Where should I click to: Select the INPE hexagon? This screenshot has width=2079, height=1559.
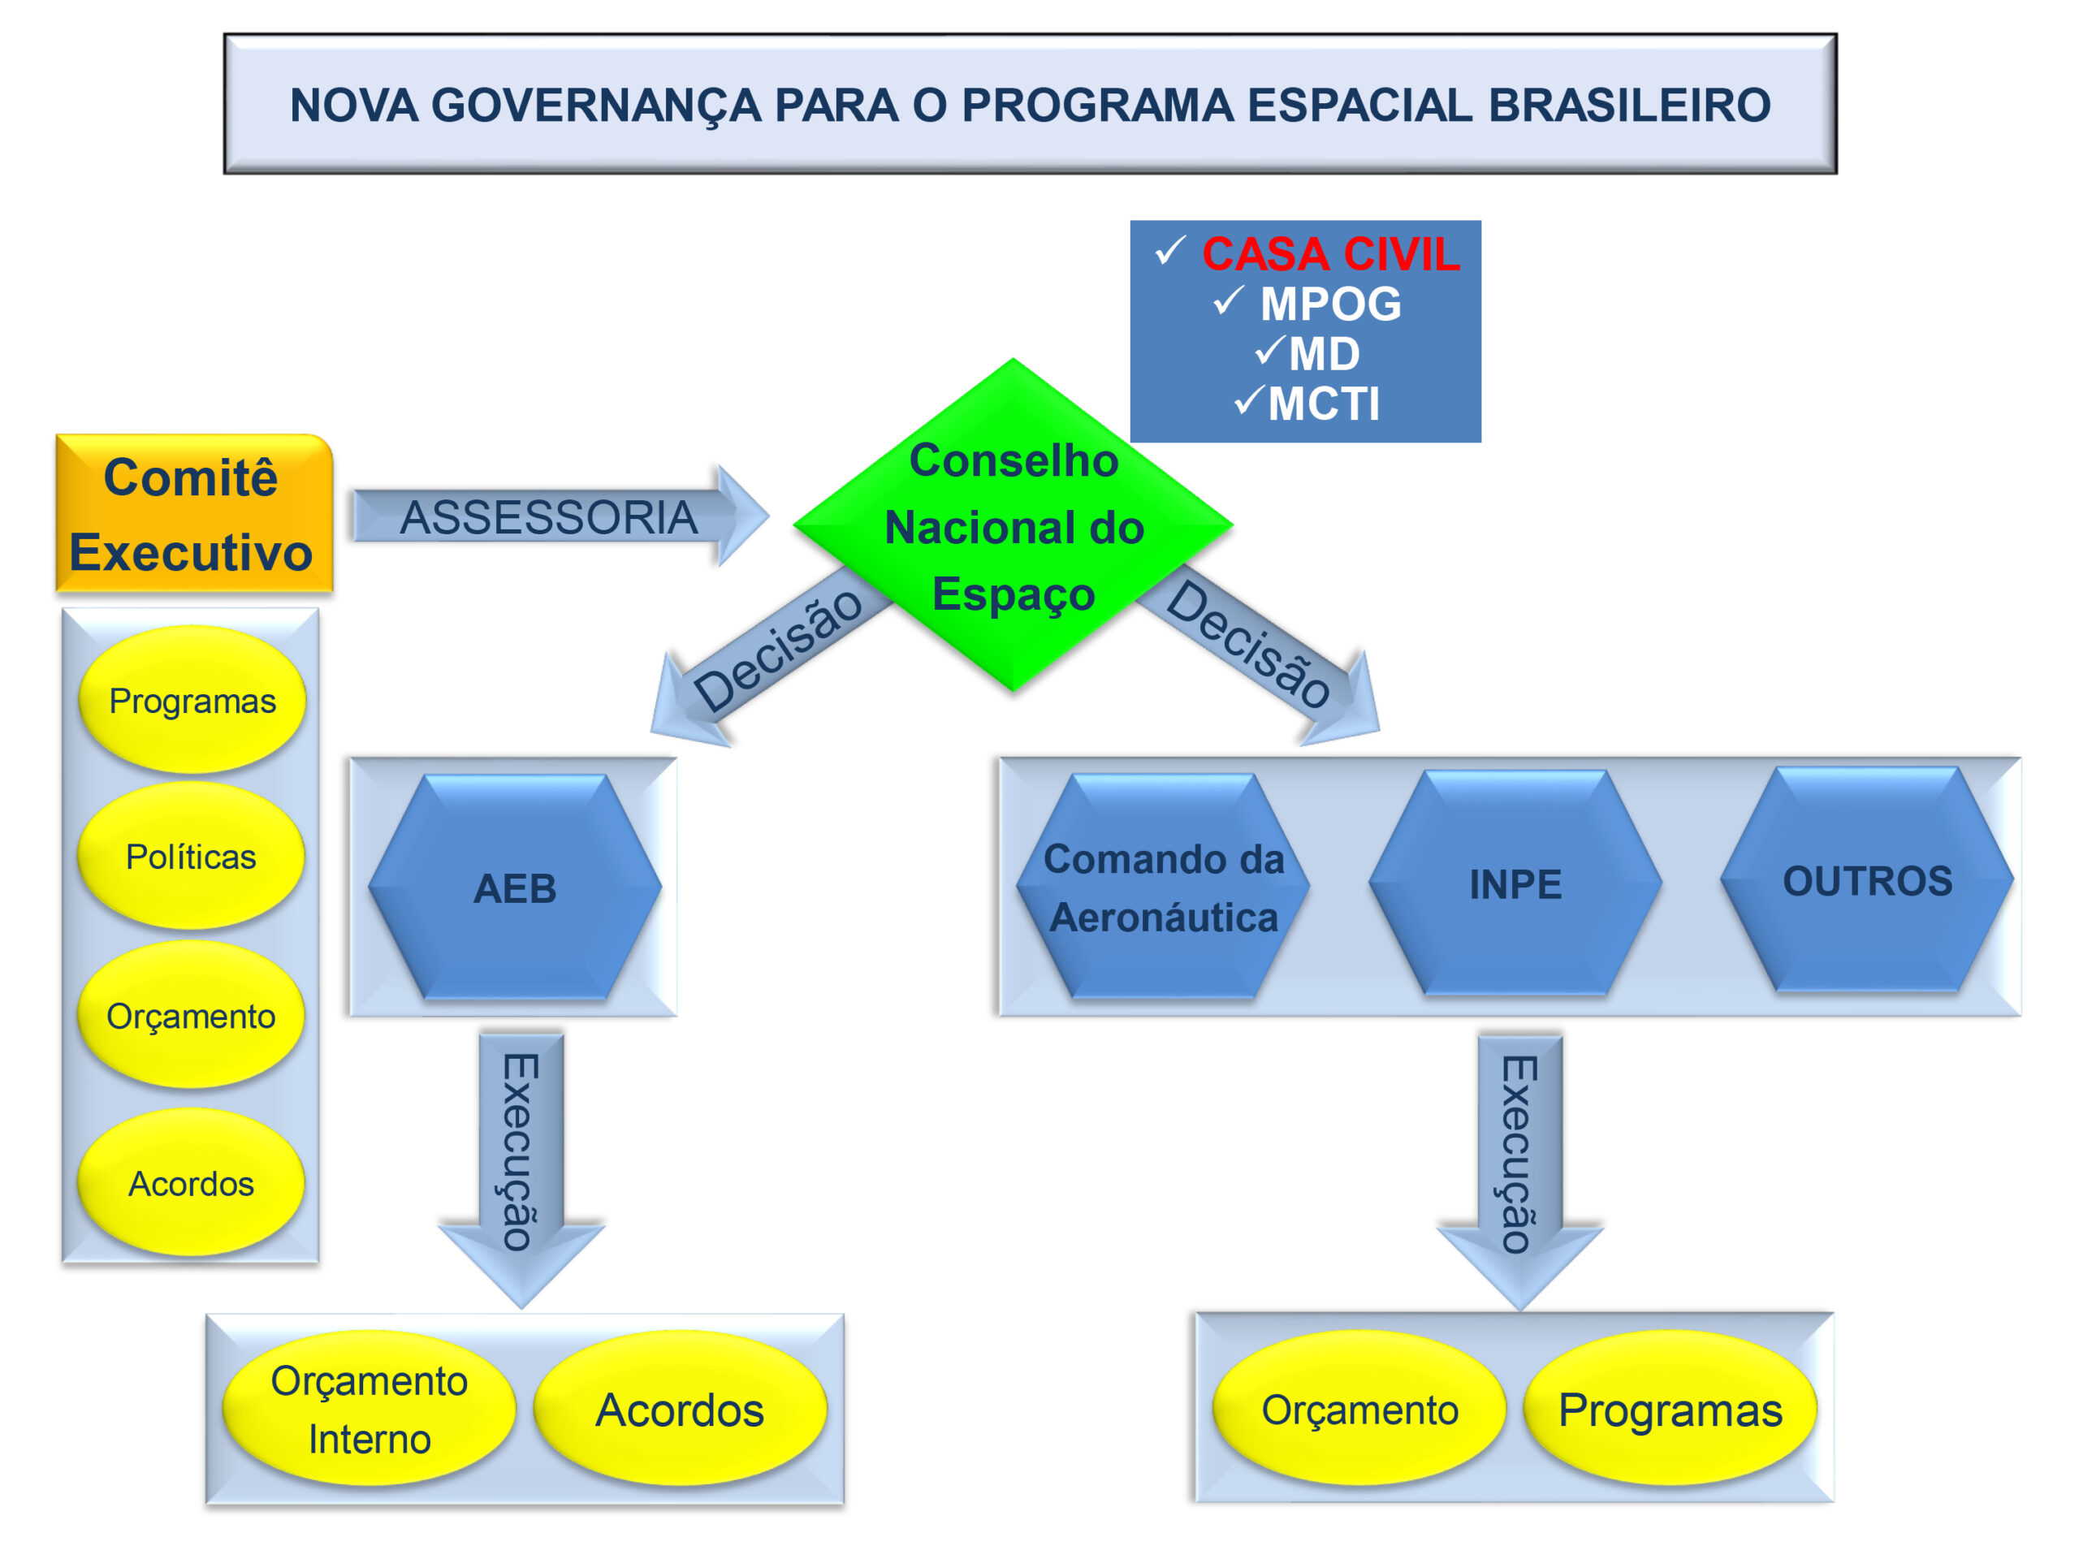point(1515,883)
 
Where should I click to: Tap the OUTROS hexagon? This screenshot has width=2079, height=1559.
point(1866,879)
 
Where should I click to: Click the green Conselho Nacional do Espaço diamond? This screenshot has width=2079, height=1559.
point(1014,525)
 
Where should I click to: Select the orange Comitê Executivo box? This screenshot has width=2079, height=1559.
point(195,513)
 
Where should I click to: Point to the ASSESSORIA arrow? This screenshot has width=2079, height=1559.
point(561,516)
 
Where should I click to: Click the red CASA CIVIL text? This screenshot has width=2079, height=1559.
point(1331,253)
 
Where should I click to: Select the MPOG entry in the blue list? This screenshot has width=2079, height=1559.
point(1330,304)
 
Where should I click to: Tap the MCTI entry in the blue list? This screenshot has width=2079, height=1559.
point(1324,404)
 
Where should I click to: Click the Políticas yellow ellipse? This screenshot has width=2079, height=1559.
point(191,856)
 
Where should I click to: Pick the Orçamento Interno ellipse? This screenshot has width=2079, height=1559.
point(369,1409)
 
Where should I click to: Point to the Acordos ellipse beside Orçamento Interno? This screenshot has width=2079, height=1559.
point(680,1409)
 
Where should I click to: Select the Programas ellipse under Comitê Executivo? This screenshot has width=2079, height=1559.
point(192,700)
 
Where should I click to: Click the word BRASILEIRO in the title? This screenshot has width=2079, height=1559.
point(1630,104)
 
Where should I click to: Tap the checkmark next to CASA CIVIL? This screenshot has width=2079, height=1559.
point(1171,250)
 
